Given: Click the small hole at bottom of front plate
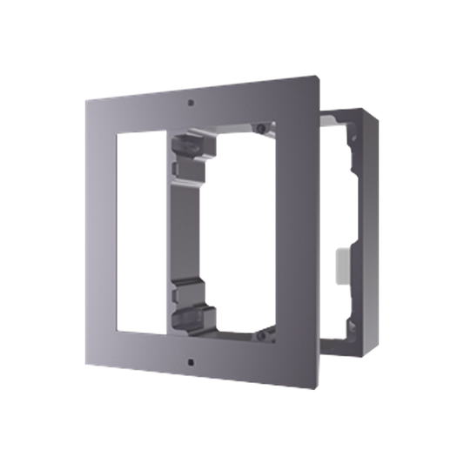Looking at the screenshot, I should point(191,358).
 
